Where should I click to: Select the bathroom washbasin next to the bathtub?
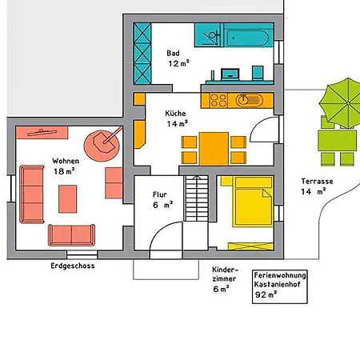209,35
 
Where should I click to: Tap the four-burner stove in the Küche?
218,101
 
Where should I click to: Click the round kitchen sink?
243,100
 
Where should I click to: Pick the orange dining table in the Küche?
214,149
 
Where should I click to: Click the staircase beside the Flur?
197,198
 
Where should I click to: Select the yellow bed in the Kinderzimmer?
253,202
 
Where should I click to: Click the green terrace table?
337,141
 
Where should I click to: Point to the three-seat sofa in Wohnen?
32,194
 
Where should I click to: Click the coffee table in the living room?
68,199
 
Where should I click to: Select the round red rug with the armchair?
102,146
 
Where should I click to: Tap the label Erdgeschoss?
73,266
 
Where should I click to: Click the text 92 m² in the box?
266,294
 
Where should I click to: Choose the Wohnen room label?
66,161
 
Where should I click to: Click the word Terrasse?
317,182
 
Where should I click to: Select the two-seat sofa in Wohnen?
71,235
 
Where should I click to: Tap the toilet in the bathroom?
258,73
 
